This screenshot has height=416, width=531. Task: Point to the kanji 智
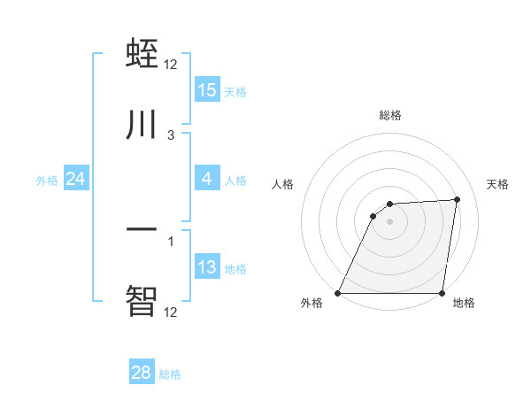[142, 300]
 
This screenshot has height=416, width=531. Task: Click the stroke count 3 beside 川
[171, 135]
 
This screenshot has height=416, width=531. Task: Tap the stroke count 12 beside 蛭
[171, 65]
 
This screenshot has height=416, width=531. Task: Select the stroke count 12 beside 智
[171, 312]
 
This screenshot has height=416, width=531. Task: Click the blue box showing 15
[207, 90]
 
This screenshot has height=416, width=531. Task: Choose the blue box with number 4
[207, 179]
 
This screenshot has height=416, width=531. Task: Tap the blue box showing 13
[207, 267]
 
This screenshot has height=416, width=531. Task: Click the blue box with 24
[76, 179]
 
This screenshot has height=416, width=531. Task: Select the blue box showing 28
[142, 373]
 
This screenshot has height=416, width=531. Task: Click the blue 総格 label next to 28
[171, 374]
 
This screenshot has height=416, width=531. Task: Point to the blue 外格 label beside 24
[47, 181]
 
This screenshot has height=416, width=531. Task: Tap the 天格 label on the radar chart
[497, 184]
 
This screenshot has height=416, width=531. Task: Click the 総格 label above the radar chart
[390, 115]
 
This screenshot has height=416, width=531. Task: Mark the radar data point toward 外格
[338, 293]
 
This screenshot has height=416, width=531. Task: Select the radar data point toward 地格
[442, 293]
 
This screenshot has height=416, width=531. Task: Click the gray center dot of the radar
[390, 221]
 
